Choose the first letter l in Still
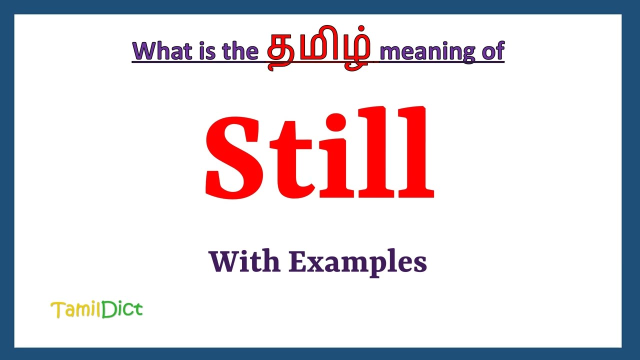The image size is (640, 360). (375, 152)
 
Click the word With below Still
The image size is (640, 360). (244, 261)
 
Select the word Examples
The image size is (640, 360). (357, 262)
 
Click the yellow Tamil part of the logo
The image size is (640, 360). (75, 310)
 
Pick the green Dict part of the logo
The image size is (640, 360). (122, 309)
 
